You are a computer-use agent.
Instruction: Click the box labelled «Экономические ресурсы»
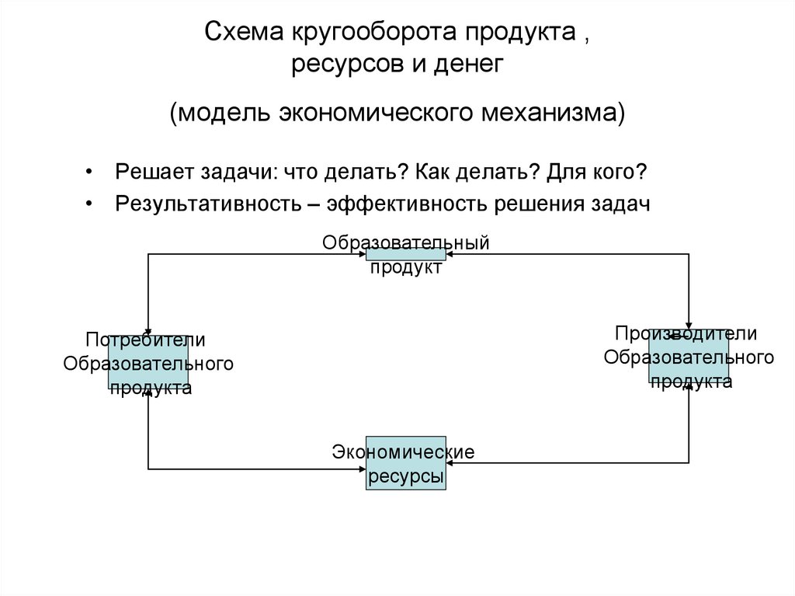coord(406,462)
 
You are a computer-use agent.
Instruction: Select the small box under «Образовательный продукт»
coord(406,253)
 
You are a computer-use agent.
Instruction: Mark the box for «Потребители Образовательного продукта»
coord(148,362)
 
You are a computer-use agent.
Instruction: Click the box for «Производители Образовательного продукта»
coord(689,356)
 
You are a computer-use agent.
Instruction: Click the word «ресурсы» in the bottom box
coord(406,476)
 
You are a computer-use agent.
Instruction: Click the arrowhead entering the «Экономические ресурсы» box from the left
coord(361,469)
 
